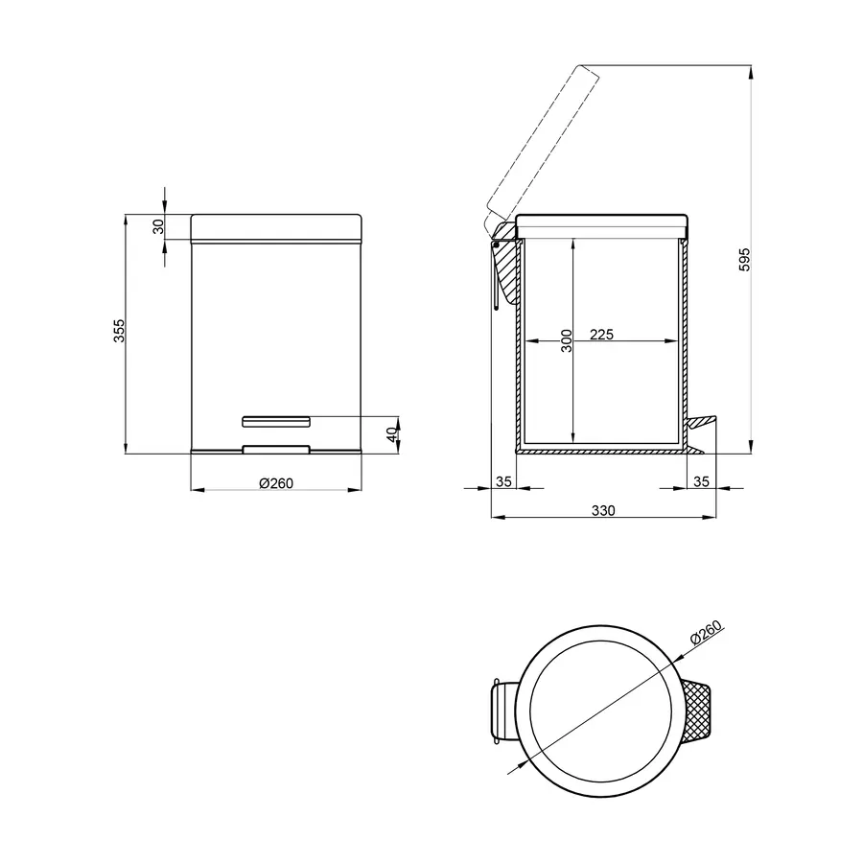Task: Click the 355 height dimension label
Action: (120, 331)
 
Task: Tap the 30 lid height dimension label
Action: (158, 226)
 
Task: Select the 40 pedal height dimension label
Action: (392, 434)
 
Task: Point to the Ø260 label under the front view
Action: (276, 483)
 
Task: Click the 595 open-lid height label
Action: (744, 259)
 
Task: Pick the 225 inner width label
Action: (601, 334)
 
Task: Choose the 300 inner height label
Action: (567, 340)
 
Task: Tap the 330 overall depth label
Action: (603, 510)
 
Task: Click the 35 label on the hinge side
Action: (503, 481)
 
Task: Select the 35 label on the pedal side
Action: (701, 481)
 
